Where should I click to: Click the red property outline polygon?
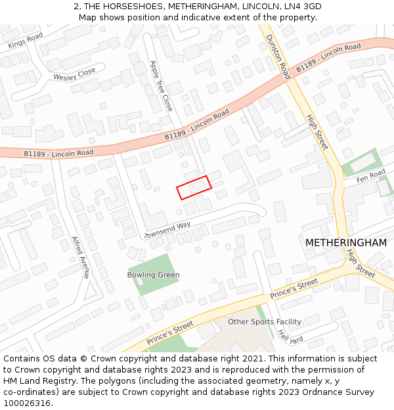pos(194,187)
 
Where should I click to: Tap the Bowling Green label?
pos(153,275)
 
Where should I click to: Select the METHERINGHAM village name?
pos(345,243)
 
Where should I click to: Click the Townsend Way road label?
pos(167,230)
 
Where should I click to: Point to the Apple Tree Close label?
pos(161,85)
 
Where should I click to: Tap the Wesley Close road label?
pos(74,75)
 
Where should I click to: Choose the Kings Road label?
pos(26,41)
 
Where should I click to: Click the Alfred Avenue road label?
pos(80,257)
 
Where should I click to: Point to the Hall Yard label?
pos(290,336)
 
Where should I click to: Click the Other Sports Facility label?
pos(264,321)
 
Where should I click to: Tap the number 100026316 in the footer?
pos(27,403)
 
